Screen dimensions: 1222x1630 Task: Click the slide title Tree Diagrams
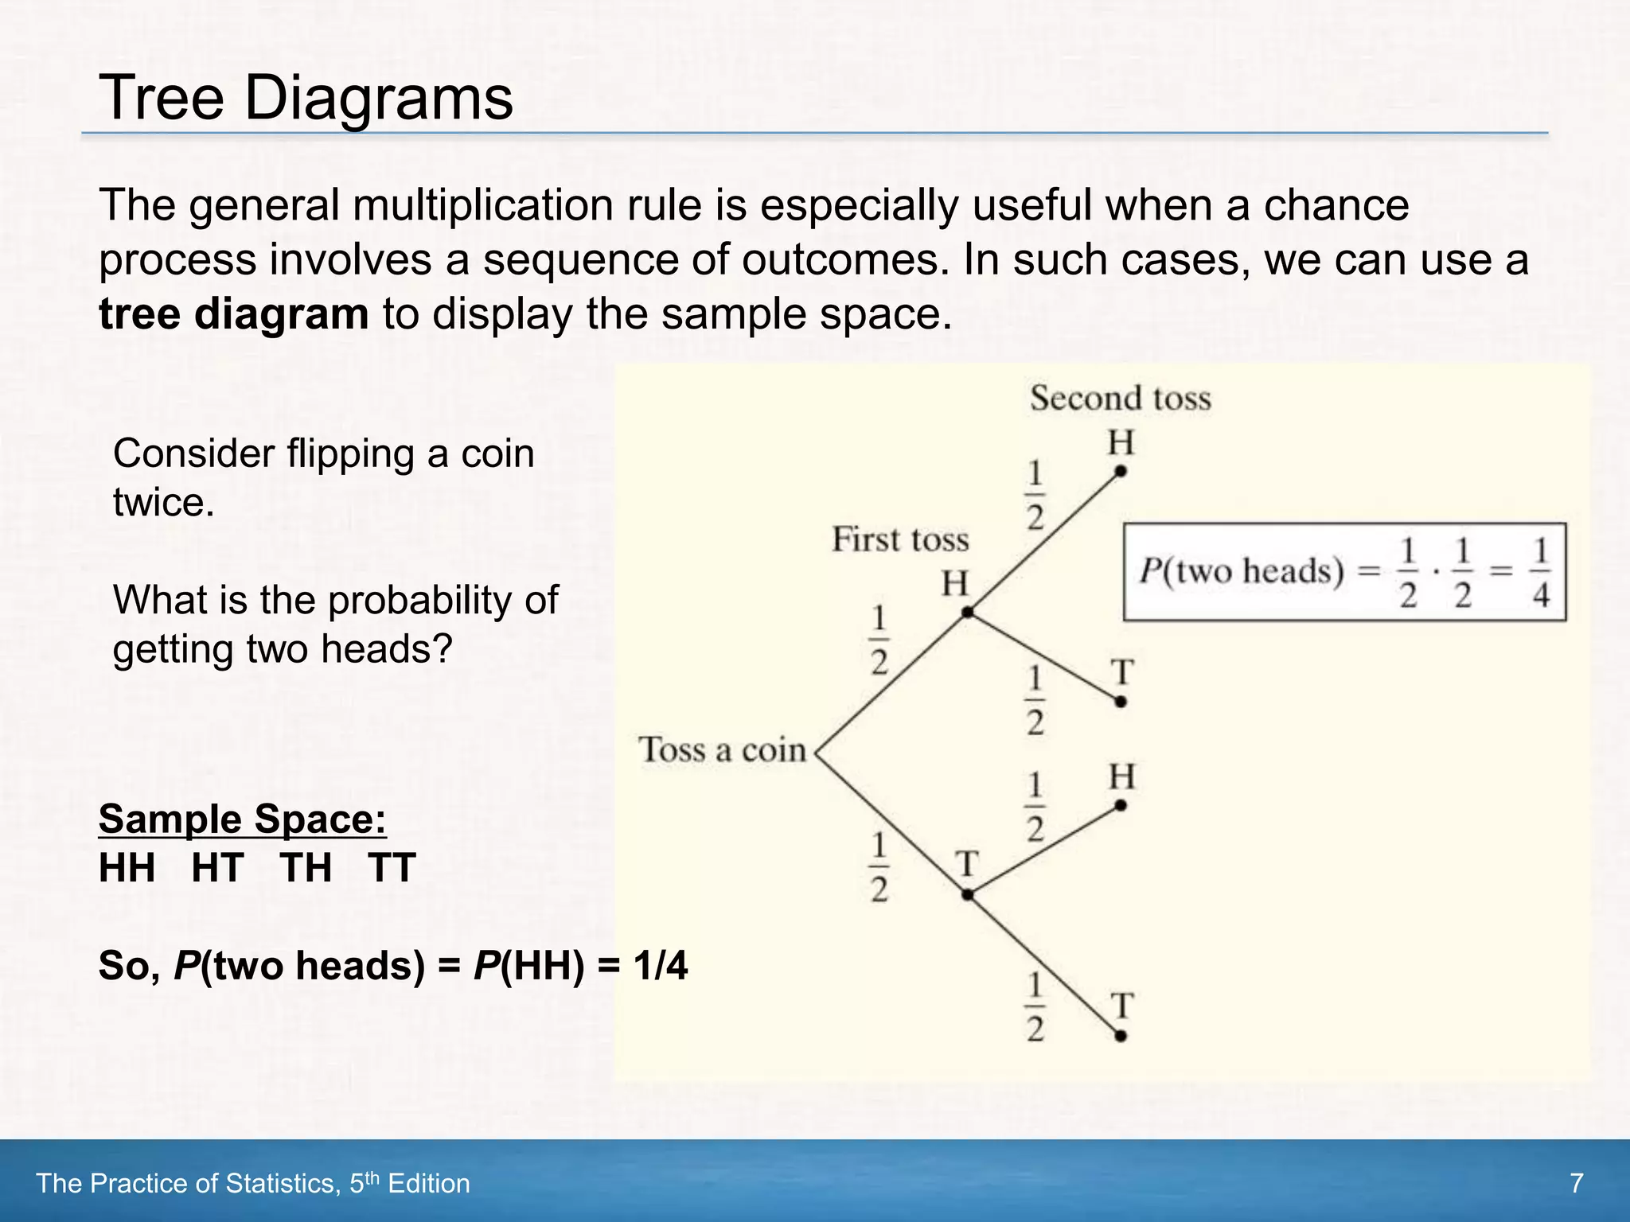click(306, 98)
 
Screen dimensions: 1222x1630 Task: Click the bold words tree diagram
click(233, 313)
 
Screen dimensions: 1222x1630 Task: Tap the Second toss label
click(1120, 398)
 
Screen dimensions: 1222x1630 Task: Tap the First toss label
click(900, 539)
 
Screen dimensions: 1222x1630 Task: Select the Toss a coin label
click(722, 750)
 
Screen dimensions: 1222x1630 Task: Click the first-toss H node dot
click(967, 612)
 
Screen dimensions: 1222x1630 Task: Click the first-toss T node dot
click(967, 894)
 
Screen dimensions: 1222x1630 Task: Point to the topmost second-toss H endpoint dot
click(1120, 471)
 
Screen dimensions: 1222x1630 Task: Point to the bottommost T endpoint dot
click(1120, 1036)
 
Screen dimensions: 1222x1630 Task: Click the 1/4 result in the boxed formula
click(1541, 572)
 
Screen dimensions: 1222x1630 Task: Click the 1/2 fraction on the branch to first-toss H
click(879, 640)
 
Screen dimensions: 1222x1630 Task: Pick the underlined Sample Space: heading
click(243, 819)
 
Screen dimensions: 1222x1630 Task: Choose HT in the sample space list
click(217, 867)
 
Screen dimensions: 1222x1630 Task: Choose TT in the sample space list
click(392, 867)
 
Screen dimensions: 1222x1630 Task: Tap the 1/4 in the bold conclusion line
click(660, 966)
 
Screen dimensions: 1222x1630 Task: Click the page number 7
click(1576, 1183)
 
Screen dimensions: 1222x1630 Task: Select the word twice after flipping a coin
click(163, 503)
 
